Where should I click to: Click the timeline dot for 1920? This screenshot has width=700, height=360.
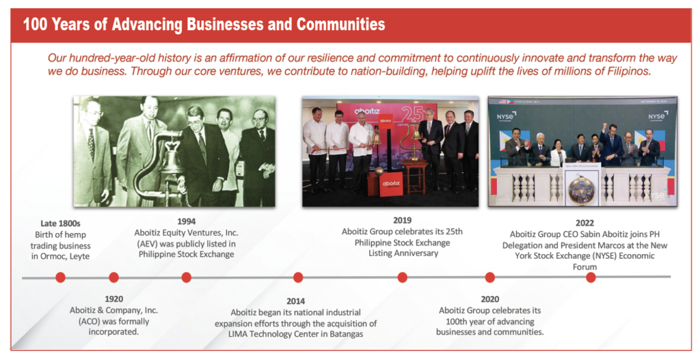tap(114, 277)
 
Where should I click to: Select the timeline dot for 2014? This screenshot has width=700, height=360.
tap(298, 277)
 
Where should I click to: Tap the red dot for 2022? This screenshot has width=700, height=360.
tap(591, 277)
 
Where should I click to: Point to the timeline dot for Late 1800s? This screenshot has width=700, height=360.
tap(60, 277)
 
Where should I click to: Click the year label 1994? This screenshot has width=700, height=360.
tap(186, 221)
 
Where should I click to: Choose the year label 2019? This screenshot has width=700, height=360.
tap(402, 221)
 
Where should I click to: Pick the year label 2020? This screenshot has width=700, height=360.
tap(489, 299)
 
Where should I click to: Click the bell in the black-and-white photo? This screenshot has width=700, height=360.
tap(171, 167)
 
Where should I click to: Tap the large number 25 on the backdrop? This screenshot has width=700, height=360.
tap(412, 115)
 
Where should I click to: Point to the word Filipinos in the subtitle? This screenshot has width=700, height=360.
tap(630, 71)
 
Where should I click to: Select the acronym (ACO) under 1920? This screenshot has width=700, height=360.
tap(92, 321)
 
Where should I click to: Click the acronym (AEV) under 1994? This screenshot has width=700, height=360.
tap(151, 244)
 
